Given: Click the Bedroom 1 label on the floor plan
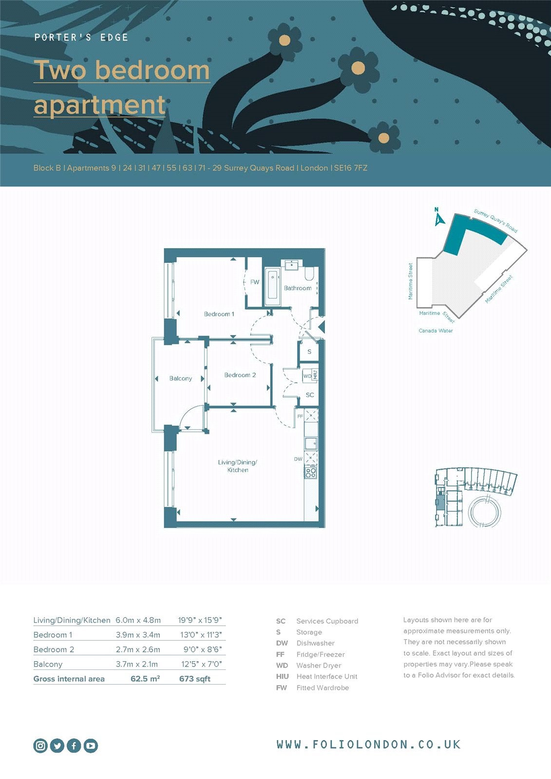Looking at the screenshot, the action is pyautogui.click(x=219, y=314).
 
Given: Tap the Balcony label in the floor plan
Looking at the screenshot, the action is pyautogui.click(x=181, y=378).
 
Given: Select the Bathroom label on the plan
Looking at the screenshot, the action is pyautogui.click(x=298, y=288).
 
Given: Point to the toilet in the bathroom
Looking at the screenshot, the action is pyautogui.click(x=309, y=273).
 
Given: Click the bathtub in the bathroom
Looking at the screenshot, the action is pyautogui.click(x=272, y=287).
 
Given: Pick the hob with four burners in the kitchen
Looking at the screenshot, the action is pyautogui.click(x=311, y=472).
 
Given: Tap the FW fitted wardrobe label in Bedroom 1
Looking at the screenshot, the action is pyautogui.click(x=255, y=282).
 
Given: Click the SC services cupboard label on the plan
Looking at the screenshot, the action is pyautogui.click(x=310, y=395).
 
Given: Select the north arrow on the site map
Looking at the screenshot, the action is pyautogui.click(x=439, y=217).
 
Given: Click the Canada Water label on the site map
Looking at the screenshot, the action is pyautogui.click(x=436, y=331).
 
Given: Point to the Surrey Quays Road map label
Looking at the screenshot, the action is pyautogui.click(x=495, y=221).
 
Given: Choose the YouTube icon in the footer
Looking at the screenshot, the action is pyautogui.click(x=91, y=745).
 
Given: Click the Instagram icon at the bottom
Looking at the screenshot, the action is pyautogui.click(x=40, y=745).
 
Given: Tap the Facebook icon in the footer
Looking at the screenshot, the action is pyautogui.click(x=74, y=745).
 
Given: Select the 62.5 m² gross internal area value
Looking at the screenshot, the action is pyautogui.click(x=145, y=679).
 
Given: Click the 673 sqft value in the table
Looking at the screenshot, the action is pyautogui.click(x=195, y=679).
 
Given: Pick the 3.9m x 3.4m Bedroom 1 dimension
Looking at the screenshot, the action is pyautogui.click(x=138, y=635).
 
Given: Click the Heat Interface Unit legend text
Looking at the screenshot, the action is pyautogui.click(x=327, y=676).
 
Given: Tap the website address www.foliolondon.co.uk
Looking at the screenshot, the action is pyautogui.click(x=369, y=744).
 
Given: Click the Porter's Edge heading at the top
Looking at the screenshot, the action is pyautogui.click(x=81, y=37).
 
